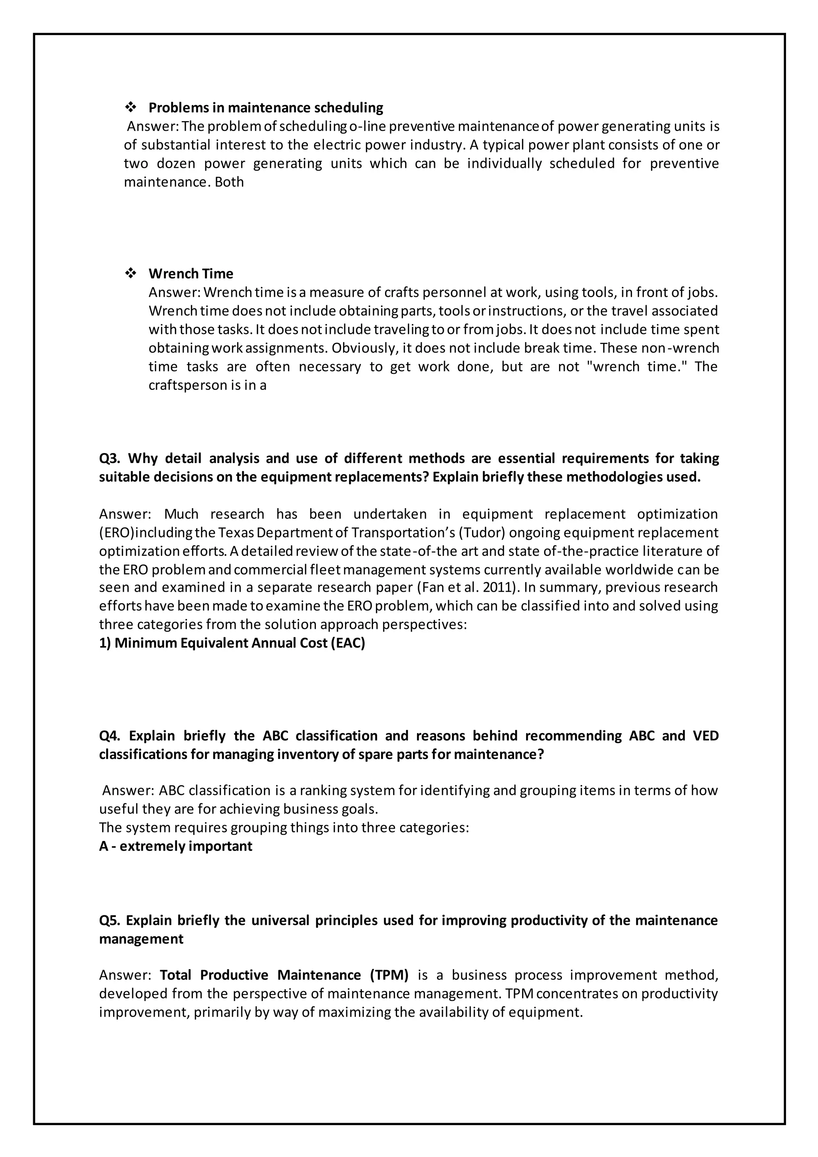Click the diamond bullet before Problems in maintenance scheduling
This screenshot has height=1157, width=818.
(x=131, y=107)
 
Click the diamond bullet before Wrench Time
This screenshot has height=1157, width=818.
(x=131, y=273)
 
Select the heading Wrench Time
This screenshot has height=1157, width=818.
(x=191, y=274)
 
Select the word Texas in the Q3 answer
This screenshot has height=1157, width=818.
(x=237, y=533)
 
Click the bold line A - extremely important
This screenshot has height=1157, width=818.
(x=175, y=846)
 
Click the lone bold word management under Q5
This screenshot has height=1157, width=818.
(x=141, y=939)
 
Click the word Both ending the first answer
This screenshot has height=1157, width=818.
(x=229, y=182)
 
